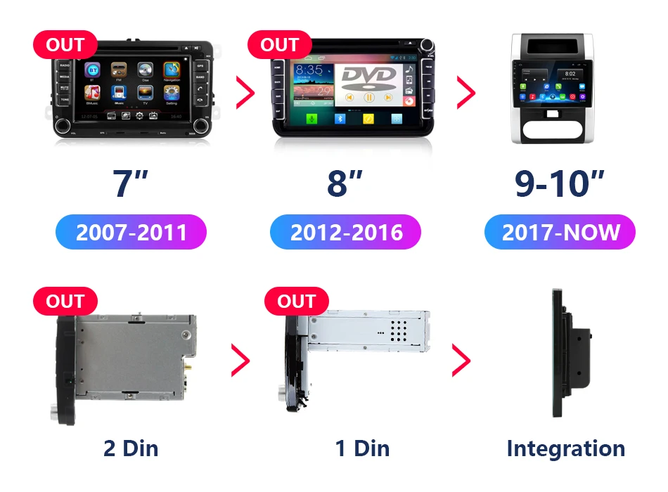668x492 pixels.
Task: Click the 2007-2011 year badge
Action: pos(131,232)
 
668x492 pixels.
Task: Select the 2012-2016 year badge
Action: pos(346,232)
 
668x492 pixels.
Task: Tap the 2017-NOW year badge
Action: pos(560,232)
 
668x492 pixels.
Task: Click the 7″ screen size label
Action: pos(131,182)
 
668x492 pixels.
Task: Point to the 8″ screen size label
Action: pos(345,182)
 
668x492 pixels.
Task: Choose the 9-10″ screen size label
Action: pos(560,182)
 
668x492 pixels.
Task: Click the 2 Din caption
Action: pos(131,448)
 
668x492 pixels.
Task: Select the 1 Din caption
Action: pos(362,448)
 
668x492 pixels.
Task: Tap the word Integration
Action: pos(565,448)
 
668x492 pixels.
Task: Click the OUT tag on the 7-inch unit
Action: pos(65,45)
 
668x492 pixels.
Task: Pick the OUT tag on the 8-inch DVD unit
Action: pos(279,45)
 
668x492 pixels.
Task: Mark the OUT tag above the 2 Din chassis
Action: pos(65,302)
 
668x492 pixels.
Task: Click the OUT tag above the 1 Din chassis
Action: pos(296,302)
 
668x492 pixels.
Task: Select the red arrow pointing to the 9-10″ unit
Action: pos(465,92)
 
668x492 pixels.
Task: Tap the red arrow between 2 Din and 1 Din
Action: pos(240,361)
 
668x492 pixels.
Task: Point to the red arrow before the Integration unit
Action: pos(461,361)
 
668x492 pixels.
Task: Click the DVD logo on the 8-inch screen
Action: pos(368,77)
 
